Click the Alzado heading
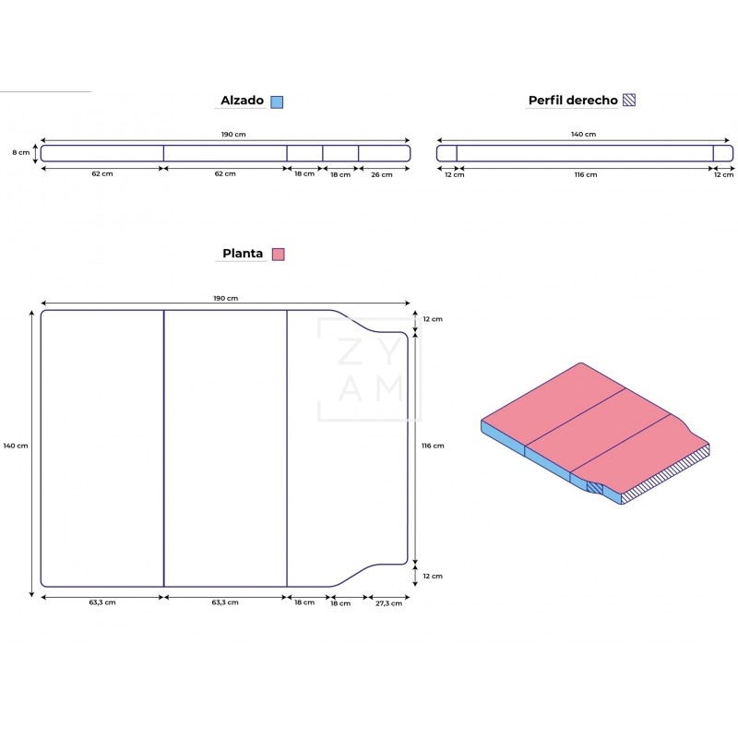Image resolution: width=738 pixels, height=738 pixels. [242, 101]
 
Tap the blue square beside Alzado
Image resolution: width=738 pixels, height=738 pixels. [277, 101]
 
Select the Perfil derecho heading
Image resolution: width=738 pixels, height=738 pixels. [573, 101]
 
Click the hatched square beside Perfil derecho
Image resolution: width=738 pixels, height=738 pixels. [629, 100]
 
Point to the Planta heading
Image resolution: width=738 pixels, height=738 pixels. [243, 253]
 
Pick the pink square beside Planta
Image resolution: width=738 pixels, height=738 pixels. [279, 255]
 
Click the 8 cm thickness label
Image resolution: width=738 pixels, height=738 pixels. [20, 152]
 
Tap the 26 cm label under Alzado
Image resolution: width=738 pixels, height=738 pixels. [382, 174]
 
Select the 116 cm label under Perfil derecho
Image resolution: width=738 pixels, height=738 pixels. [586, 174]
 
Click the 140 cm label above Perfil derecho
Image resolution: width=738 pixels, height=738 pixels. [584, 134]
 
